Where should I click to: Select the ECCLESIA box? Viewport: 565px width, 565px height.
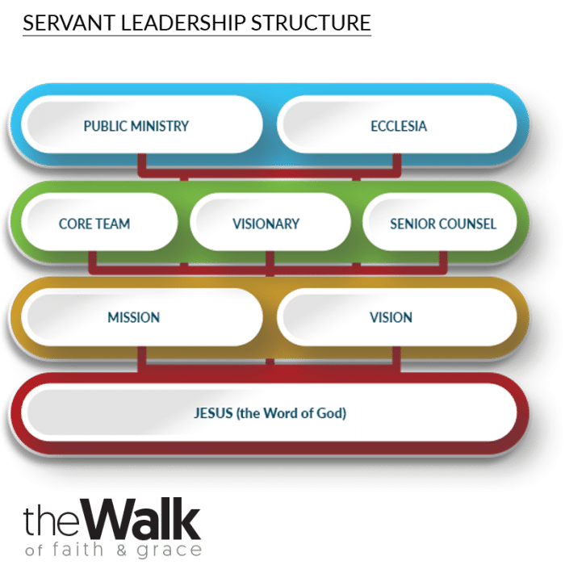pos(397,127)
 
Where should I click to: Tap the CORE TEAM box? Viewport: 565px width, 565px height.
pos(94,224)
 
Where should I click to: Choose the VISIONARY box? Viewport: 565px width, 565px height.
pos(266,224)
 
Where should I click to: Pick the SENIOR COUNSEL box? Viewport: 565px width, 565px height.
pos(442,224)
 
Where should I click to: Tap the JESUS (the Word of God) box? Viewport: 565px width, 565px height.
pos(270,413)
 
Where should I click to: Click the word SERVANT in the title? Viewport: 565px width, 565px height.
pos(61,23)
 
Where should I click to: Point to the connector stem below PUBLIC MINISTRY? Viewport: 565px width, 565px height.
pos(142,164)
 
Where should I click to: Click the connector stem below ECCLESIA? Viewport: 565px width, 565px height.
pos(397,164)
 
